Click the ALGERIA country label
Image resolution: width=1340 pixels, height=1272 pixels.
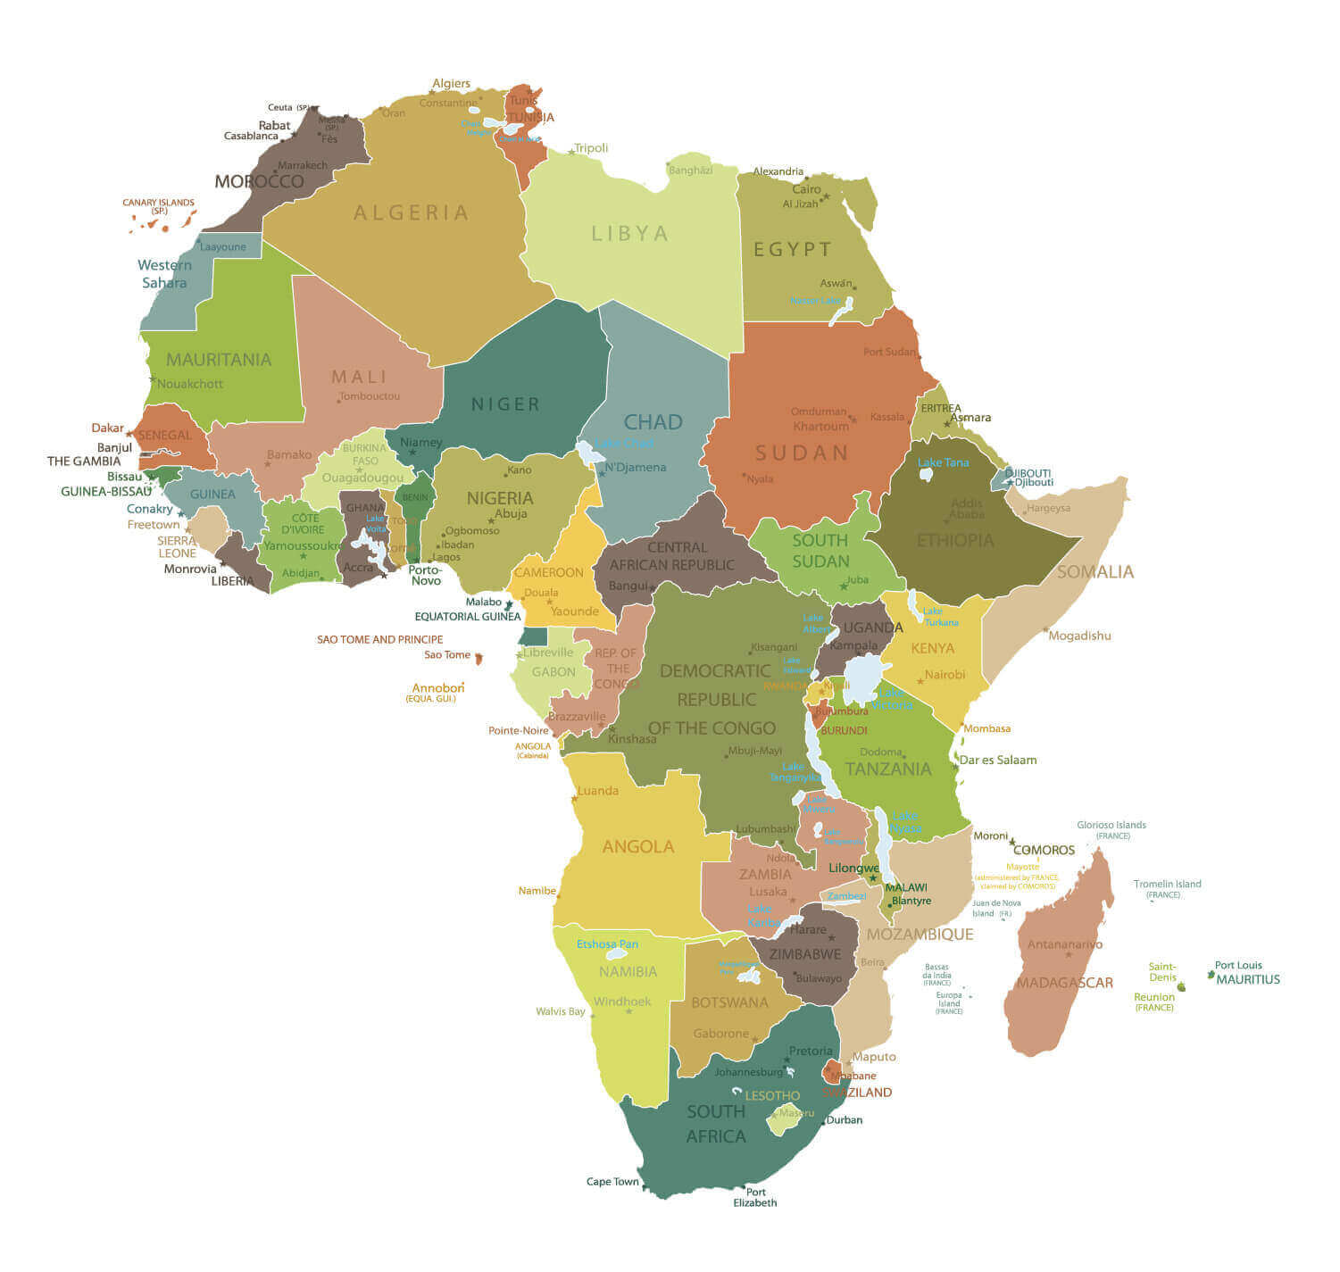tap(411, 212)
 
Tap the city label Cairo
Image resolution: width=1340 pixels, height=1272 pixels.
tap(806, 189)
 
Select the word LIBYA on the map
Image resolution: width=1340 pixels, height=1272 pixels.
tap(630, 233)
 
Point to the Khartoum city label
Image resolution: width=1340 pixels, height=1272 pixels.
tap(820, 426)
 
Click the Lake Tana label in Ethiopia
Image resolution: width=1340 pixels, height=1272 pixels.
tap(943, 462)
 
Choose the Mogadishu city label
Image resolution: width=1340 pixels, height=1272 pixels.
tap(1079, 636)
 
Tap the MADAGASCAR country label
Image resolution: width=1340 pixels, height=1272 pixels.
tap(1064, 983)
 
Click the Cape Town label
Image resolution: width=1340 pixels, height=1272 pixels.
tap(612, 1182)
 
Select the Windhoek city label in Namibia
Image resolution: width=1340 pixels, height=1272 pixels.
tap(622, 1002)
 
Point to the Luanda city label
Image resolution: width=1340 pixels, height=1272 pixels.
tap(597, 791)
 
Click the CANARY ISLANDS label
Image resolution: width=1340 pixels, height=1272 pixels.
tap(158, 203)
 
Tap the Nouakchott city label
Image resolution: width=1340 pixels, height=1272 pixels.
tap(190, 384)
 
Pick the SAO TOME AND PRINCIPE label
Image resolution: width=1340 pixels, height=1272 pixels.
tap(379, 639)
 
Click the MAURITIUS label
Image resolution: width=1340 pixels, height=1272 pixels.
tap(1248, 979)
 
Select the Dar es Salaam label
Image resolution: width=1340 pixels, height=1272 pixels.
tap(997, 761)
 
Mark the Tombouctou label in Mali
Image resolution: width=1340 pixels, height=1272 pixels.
tap(370, 396)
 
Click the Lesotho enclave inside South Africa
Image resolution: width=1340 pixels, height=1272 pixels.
tap(785, 1119)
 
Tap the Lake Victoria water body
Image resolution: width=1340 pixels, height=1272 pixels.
tap(862, 678)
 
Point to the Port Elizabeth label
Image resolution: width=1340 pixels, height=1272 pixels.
tap(755, 1197)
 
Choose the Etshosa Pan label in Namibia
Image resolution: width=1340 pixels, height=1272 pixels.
tap(607, 944)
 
